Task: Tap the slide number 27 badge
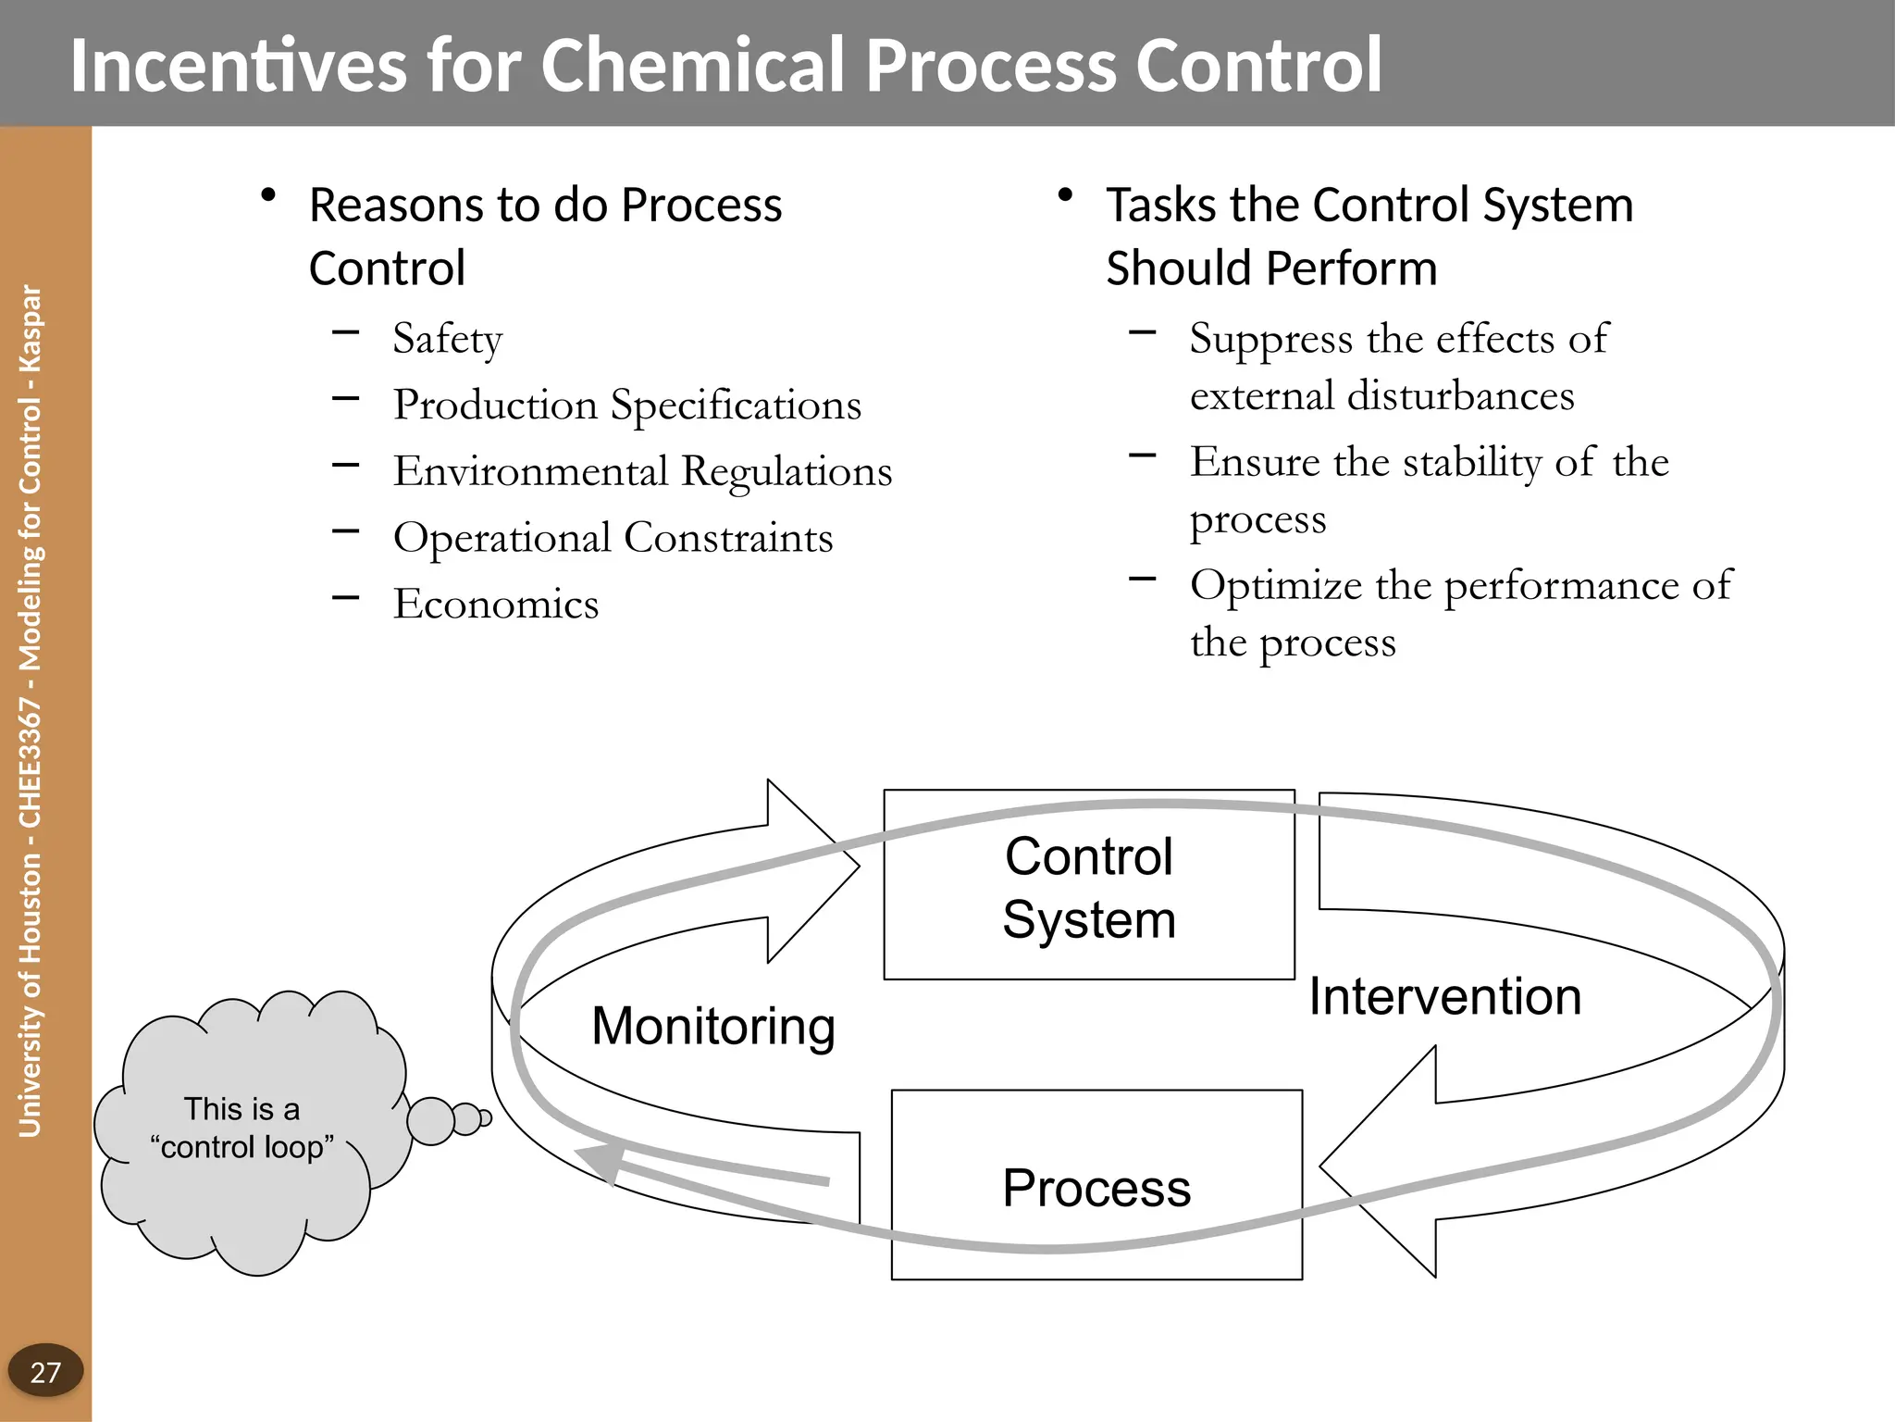(x=45, y=1371)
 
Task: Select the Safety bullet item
(x=447, y=339)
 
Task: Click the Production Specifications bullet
(x=626, y=405)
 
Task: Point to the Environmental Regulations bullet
(x=642, y=471)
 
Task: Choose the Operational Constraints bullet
(x=613, y=538)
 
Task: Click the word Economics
(x=496, y=604)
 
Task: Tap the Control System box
(x=1088, y=886)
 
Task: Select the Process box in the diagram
(x=1096, y=1187)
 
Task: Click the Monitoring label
(x=712, y=1026)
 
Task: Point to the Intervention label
(x=1444, y=996)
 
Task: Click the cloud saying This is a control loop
(x=242, y=1129)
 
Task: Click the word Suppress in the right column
(x=1270, y=339)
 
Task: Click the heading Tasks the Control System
(x=1369, y=206)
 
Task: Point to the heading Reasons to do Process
(x=545, y=206)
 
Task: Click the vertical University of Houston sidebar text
(x=31, y=711)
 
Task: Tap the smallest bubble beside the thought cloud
(x=486, y=1118)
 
